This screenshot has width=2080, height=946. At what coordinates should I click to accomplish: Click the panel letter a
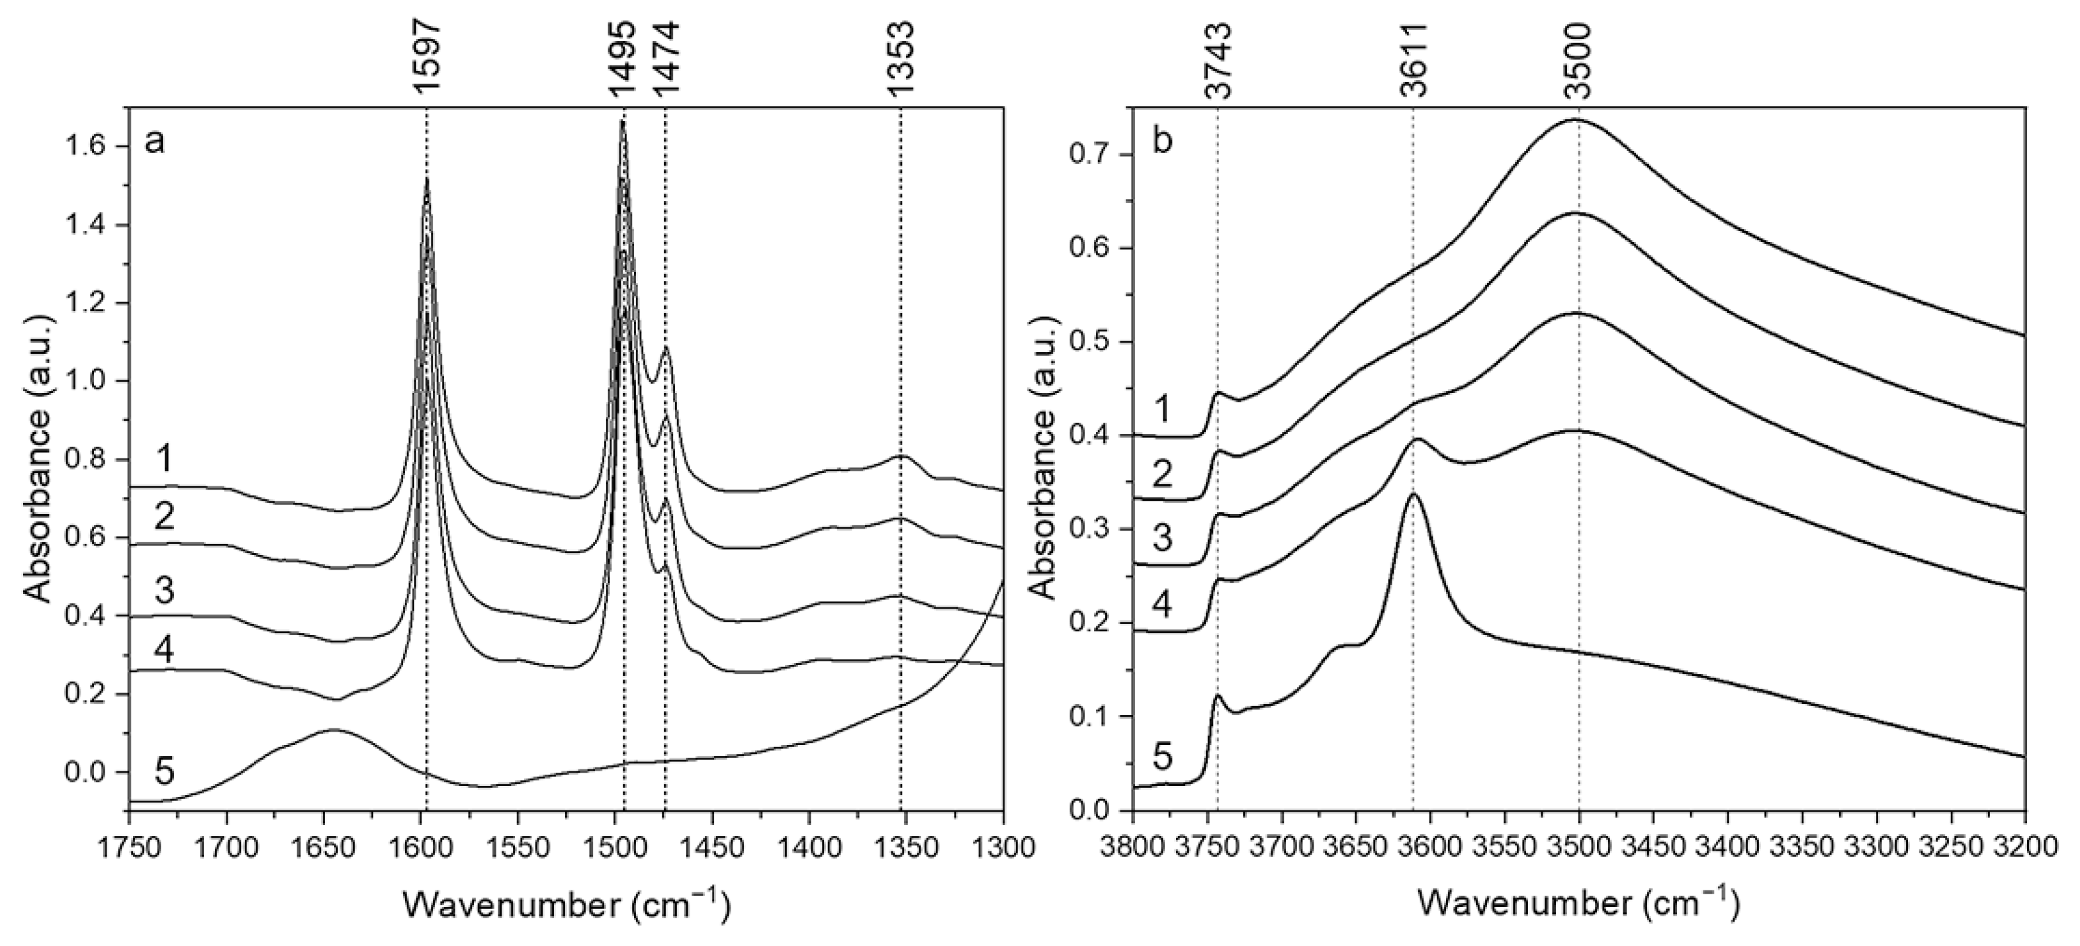(x=154, y=142)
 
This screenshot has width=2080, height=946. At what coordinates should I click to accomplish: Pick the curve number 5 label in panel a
(x=164, y=771)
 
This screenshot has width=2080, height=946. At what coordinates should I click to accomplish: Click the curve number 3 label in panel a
(x=164, y=591)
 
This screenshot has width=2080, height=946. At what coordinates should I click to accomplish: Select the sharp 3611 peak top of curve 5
(x=1413, y=494)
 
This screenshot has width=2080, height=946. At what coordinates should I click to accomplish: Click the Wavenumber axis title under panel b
(x=1578, y=905)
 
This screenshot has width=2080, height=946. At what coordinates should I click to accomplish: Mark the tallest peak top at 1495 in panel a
(x=621, y=121)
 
